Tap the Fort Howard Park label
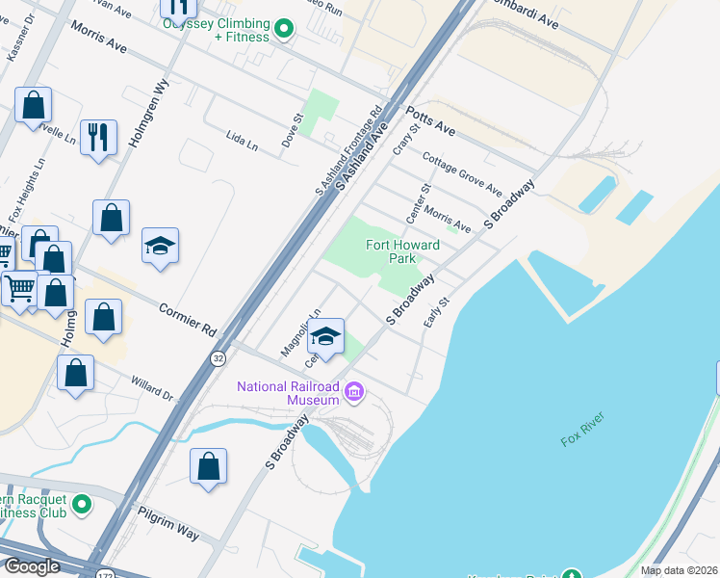(x=402, y=251)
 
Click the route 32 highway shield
(x=219, y=358)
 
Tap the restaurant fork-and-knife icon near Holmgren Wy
(x=98, y=137)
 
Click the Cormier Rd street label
(x=188, y=316)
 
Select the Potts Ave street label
(x=430, y=120)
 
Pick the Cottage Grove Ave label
(x=462, y=173)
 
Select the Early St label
(x=439, y=309)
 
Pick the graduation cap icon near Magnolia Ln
(x=326, y=335)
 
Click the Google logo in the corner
(x=32, y=566)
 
